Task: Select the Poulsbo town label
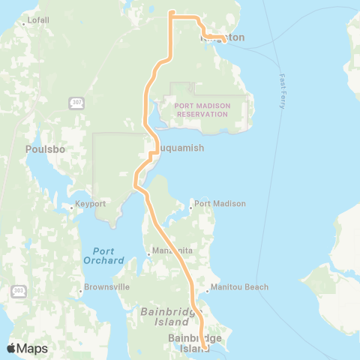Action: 46,148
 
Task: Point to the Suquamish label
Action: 179,148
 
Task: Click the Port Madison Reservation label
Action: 201,110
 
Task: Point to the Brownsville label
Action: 108,286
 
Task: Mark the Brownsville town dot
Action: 82,287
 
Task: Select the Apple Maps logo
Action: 27,348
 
